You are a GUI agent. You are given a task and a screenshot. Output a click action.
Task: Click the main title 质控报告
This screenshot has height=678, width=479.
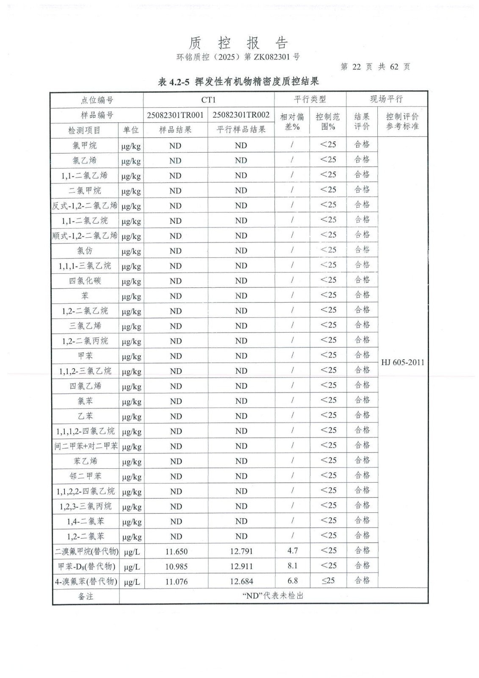[238, 43]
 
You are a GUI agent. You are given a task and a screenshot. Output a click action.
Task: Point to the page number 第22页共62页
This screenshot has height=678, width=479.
[375, 67]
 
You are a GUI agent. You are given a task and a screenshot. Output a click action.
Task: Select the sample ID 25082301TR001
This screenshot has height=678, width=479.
[175, 115]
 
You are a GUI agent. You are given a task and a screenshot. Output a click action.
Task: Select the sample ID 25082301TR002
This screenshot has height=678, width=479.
[241, 115]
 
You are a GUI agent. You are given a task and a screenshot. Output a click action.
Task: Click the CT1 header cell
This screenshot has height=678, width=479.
[208, 100]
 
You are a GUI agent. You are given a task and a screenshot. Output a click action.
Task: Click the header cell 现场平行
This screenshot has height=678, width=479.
[386, 99]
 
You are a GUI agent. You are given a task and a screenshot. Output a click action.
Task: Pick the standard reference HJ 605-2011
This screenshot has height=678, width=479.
[402, 362]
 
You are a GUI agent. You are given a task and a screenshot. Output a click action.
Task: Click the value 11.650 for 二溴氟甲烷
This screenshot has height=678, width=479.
[176, 551]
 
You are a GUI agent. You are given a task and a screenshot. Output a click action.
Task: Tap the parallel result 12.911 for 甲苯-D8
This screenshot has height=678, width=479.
[241, 566]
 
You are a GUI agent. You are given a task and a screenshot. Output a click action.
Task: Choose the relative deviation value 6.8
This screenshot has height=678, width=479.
[292, 581]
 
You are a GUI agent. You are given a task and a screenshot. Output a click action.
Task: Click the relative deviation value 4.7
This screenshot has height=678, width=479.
[292, 550]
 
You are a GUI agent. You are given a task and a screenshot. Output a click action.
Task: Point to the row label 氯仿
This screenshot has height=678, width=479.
[85, 250]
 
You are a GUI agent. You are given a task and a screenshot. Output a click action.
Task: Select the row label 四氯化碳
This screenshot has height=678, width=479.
[85, 281]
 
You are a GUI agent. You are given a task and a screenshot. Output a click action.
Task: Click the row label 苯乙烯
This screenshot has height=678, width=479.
[85, 461]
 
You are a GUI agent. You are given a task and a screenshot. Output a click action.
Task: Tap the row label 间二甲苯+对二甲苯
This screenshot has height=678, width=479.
[86, 446]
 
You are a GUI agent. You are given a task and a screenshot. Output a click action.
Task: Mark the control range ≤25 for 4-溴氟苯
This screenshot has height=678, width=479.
[328, 581]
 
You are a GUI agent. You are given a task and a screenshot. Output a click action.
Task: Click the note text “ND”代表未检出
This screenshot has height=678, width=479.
[273, 595]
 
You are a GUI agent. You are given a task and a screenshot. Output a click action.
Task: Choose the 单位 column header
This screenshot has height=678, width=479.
[131, 130]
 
